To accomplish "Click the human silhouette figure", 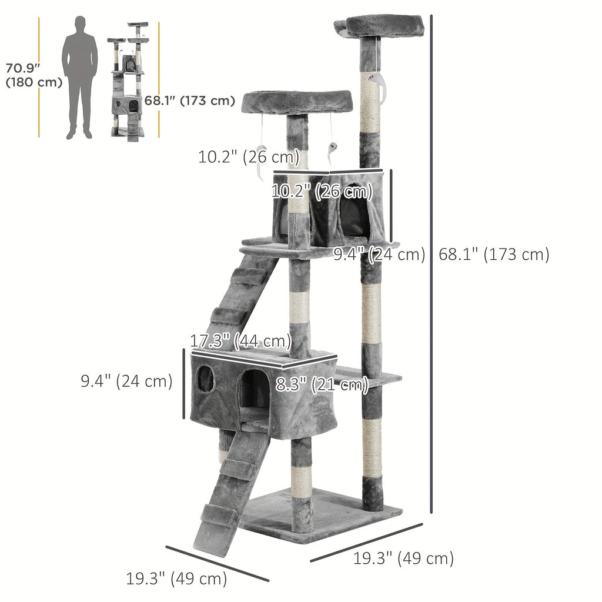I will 79,76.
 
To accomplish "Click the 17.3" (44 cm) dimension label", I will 241,340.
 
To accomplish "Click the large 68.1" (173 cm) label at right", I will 494,254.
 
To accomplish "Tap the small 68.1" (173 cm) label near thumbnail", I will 190,101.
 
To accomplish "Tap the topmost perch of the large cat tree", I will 384,26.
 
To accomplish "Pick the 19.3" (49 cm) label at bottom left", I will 176,578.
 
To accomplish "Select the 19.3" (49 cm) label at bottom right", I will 403,558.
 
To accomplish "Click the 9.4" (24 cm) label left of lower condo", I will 126,381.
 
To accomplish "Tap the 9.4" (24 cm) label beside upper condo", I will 379,255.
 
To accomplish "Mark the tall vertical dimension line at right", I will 432,265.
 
